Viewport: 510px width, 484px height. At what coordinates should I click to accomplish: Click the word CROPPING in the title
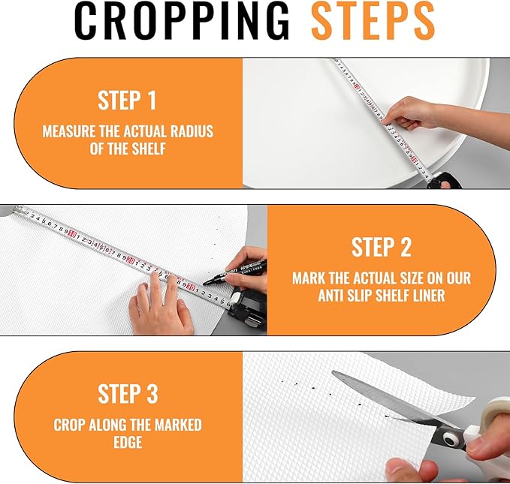tap(182, 20)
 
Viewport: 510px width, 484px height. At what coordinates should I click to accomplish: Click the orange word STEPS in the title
tap(373, 20)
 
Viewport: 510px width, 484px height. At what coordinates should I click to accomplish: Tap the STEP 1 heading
tap(127, 101)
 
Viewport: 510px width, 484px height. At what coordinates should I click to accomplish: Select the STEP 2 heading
tap(382, 247)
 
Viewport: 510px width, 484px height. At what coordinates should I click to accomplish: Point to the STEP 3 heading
tap(128, 394)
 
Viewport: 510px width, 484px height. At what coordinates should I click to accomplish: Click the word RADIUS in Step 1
tap(192, 131)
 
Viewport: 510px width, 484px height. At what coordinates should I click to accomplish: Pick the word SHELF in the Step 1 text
tap(149, 149)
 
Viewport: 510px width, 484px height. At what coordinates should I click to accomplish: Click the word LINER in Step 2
tap(430, 296)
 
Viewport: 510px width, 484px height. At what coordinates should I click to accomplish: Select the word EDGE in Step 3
tap(128, 443)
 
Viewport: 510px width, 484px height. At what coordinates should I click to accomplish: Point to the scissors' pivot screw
tap(449, 440)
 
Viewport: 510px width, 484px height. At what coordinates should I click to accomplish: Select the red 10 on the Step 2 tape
tap(72, 233)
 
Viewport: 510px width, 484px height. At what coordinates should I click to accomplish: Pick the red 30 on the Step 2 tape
tap(191, 287)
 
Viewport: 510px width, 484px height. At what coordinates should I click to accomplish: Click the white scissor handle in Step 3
tap(484, 422)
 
